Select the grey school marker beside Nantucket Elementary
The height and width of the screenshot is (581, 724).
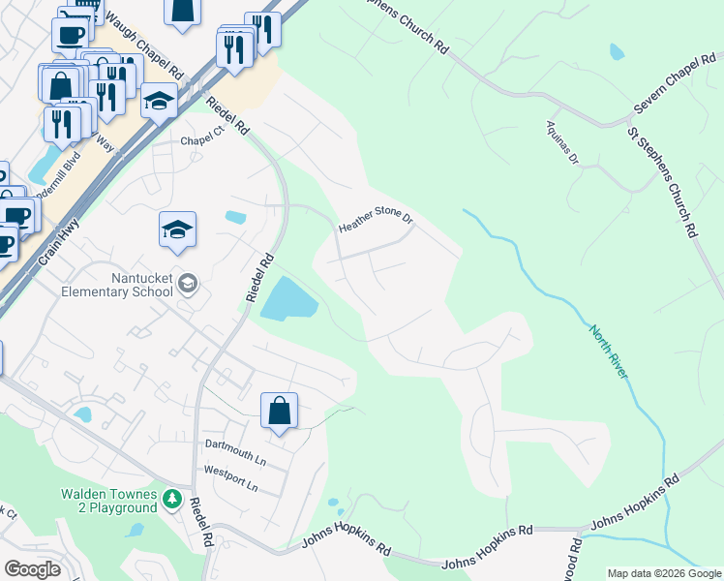tap(189, 283)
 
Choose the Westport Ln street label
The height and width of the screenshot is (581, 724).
tap(229, 472)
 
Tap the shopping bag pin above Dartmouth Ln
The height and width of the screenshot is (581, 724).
tap(279, 410)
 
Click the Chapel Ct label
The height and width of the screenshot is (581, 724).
tap(202, 140)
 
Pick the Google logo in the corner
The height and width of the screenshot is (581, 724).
tap(32, 569)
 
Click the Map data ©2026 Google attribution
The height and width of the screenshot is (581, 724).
tap(665, 573)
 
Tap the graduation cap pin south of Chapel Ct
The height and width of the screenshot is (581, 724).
tap(177, 230)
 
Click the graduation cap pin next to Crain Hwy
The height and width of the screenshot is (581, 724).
tap(159, 101)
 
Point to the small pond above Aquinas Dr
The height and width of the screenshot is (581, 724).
tap(617, 51)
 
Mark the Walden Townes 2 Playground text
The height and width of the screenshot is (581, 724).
tap(108, 501)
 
